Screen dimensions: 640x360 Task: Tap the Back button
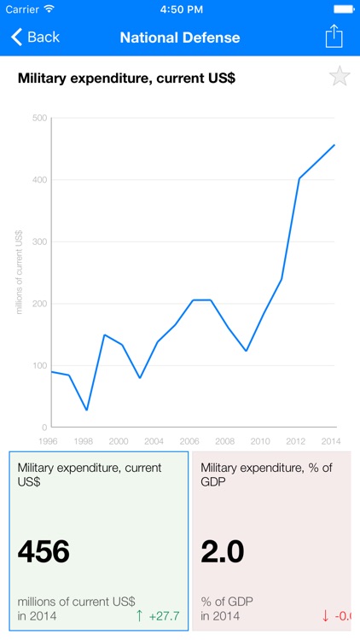click(35, 38)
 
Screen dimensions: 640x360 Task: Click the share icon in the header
click(334, 37)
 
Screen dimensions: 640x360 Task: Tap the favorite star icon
click(340, 77)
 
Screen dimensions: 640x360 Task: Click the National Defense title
click(180, 38)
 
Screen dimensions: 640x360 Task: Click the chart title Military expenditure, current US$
click(126, 79)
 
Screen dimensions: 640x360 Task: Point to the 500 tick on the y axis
click(39, 118)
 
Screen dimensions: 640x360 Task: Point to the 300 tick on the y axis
click(39, 241)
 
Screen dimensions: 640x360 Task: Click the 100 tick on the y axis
click(39, 365)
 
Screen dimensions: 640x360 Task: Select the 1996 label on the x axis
click(48, 441)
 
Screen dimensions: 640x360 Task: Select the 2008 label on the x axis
click(225, 441)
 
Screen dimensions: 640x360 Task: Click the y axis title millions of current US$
click(19, 272)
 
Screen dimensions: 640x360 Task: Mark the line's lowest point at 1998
click(87, 410)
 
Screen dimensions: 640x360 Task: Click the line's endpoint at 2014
click(334, 145)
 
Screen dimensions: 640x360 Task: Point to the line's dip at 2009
click(246, 351)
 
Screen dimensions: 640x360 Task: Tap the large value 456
click(44, 551)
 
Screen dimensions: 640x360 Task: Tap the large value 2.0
click(223, 551)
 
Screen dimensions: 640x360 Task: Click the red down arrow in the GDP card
click(325, 615)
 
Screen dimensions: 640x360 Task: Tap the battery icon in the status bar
click(342, 9)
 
